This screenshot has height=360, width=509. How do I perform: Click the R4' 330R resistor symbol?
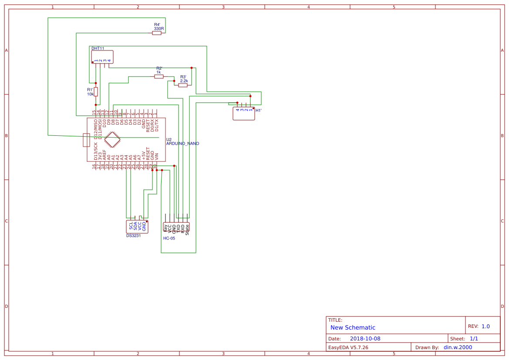[x=157, y=33]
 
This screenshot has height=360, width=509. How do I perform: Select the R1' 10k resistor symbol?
[x=96, y=91]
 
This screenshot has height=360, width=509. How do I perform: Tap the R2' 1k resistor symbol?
[x=159, y=76]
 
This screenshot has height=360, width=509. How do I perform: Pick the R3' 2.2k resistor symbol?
[x=183, y=85]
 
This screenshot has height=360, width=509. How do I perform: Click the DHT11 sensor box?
[x=102, y=57]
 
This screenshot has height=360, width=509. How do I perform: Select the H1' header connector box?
[x=243, y=113]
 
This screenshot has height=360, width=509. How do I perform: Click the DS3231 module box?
[x=137, y=226]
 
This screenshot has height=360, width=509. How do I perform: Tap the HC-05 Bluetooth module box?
[x=176, y=227]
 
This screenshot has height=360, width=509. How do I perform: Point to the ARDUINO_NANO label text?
[x=183, y=143]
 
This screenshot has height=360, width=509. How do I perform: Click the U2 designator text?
[x=169, y=139]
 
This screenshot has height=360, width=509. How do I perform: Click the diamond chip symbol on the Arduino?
[x=112, y=140]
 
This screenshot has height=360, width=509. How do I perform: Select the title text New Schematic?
[x=353, y=327]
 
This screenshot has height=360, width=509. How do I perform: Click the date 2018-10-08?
[x=365, y=339]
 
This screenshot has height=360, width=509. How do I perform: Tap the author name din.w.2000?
[x=458, y=347]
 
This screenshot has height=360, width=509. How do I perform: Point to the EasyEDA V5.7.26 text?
[x=348, y=347]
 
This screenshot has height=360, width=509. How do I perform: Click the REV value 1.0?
[x=485, y=326]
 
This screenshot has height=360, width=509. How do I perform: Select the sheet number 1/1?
[x=474, y=339]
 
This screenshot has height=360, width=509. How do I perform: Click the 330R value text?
[x=159, y=29]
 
